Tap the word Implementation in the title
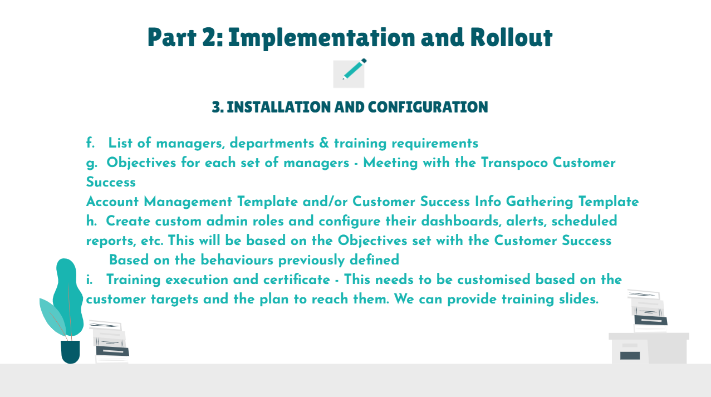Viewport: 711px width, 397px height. pyautogui.click(x=322, y=38)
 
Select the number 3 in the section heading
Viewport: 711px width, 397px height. pyautogui.click(x=215, y=107)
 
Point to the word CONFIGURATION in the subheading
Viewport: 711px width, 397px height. pyautogui.click(x=428, y=107)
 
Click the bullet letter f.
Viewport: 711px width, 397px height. pyautogui.click(x=90, y=143)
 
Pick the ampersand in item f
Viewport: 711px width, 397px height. pyautogui.click(x=323, y=143)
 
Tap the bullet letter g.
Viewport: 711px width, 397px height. pyautogui.click(x=91, y=164)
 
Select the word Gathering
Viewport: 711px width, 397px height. pyautogui.click(x=540, y=202)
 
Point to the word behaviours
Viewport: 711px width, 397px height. pyautogui.click(x=237, y=260)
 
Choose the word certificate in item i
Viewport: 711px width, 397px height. pyautogui.click(x=297, y=280)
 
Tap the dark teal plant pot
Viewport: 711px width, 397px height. pyautogui.click(x=71, y=352)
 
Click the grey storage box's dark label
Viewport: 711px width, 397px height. pyautogui.click(x=630, y=356)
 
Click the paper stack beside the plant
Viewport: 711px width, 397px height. pyautogui.click(x=110, y=342)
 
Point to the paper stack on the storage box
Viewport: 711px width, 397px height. pyautogui.click(x=648, y=311)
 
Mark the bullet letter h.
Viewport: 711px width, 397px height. pyautogui.click(x=91, y=221)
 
